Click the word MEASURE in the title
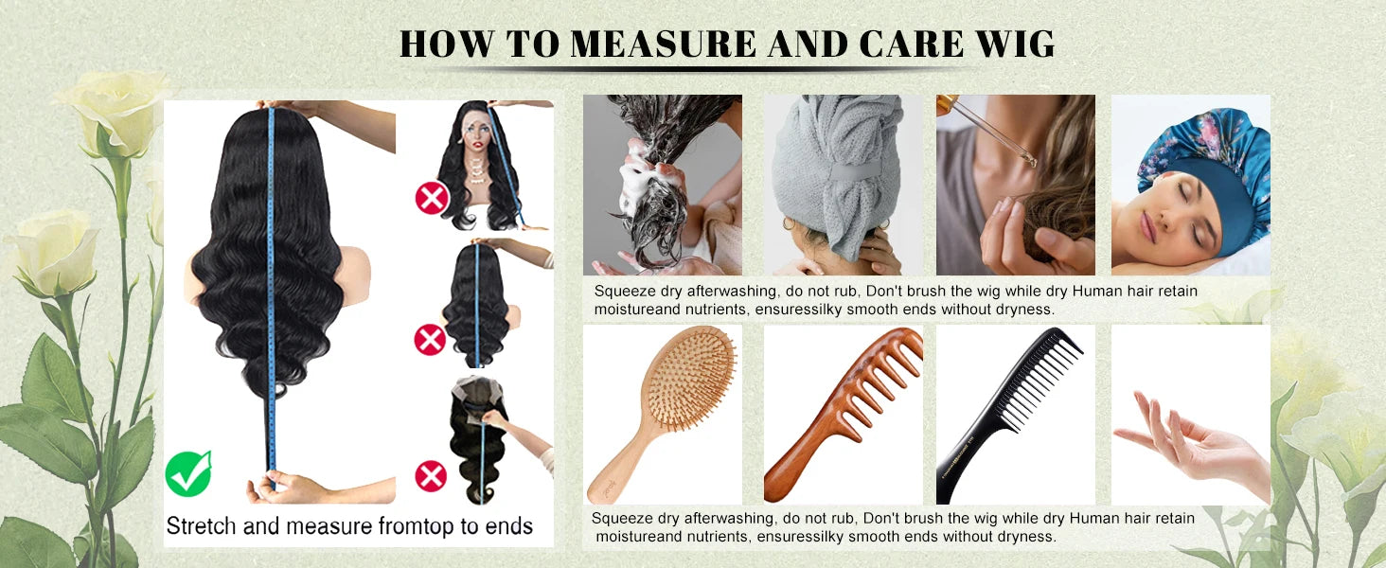(x=662, y=44)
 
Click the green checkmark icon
(x=188, y=473)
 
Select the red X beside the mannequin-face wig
(x=432, y=198)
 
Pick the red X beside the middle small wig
(x=430, y=339)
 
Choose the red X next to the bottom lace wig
(x=431, y=476)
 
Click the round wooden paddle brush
(x=662, y=414)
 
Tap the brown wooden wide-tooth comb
(x=843, y=415)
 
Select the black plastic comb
(x=1008, y=415)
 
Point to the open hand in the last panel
(x=1191, y=446)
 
